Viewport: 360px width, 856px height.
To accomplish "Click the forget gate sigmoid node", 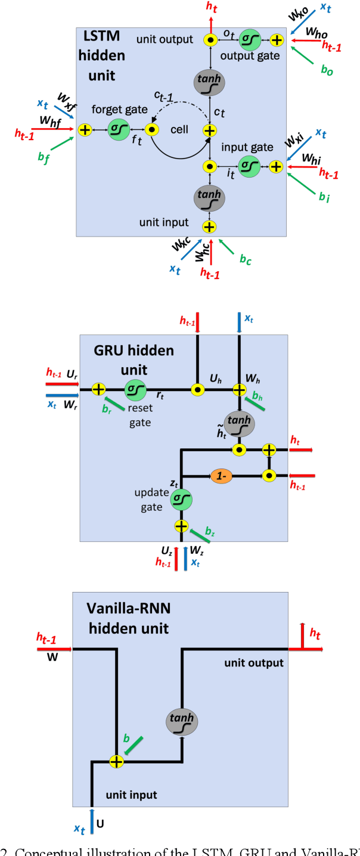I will (x=118, y=129).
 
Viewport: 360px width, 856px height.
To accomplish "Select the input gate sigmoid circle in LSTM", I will (x=249, y=166).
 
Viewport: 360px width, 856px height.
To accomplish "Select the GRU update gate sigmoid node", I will (x=181, y=500).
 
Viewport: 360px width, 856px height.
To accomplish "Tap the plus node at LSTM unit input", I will (x=209, y=227).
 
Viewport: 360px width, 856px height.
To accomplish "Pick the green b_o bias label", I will (x=327, y=70).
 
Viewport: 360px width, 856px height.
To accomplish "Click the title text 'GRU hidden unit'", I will (x=134, y=359).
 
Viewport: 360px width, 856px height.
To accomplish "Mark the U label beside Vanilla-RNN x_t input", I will (x=101, y=824).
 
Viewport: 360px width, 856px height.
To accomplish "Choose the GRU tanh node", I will (x=239, y=423).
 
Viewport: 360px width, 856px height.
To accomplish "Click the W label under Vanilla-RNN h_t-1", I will (x=51, y=660).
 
